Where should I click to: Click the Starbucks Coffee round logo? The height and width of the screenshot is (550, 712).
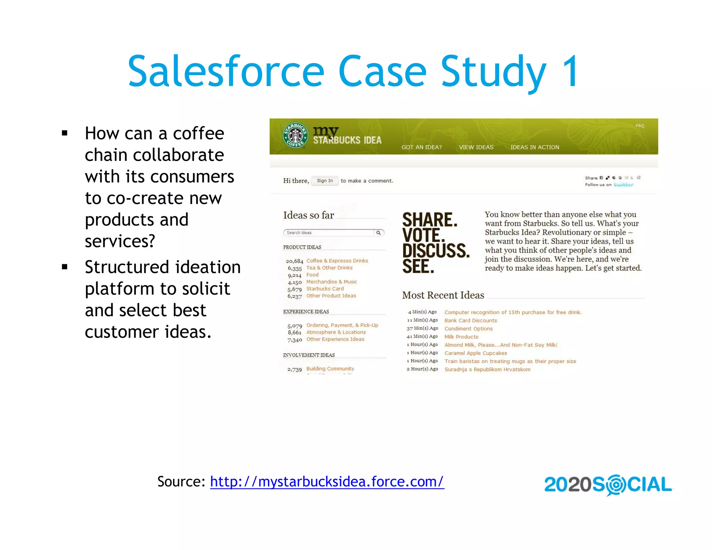click(x=295, y=136)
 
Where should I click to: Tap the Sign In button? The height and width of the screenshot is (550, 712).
click(x=325, y=181)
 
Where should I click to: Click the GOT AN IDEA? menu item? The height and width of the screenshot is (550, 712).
click(x=421, y=147)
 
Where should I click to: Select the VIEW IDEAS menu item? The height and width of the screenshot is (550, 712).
click(x=476, y=147)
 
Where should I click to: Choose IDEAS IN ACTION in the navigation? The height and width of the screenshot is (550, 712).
click(x=535, y=147)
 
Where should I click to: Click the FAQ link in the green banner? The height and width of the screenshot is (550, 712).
click(x=640, y=126)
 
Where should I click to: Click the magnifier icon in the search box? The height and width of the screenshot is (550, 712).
click(x=379, y=233)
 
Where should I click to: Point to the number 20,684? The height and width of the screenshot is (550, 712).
click(x=294, y=261)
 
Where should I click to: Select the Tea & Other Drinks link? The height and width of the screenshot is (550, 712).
click(x=329, y=268)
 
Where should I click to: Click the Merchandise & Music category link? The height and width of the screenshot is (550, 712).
click(x=331, y=282)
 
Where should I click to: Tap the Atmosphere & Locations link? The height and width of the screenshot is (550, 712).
click(x=336, y=332)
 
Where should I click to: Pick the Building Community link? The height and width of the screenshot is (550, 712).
click(x=330, y=369)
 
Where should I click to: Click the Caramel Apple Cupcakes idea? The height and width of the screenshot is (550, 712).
click(x=476, y=353)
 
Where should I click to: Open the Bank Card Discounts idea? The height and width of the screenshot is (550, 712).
click(x=470, y=321)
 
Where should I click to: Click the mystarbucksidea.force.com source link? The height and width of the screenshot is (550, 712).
click(x=327, y=482)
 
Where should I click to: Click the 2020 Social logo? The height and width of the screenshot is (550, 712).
click(x=608, y=485)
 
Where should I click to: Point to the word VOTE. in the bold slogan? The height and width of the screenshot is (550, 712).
click(x=423, y=235)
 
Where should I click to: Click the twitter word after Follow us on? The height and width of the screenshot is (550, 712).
click(x=623, y=185)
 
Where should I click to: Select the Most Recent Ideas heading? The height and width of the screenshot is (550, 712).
click(x=443, y=295)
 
